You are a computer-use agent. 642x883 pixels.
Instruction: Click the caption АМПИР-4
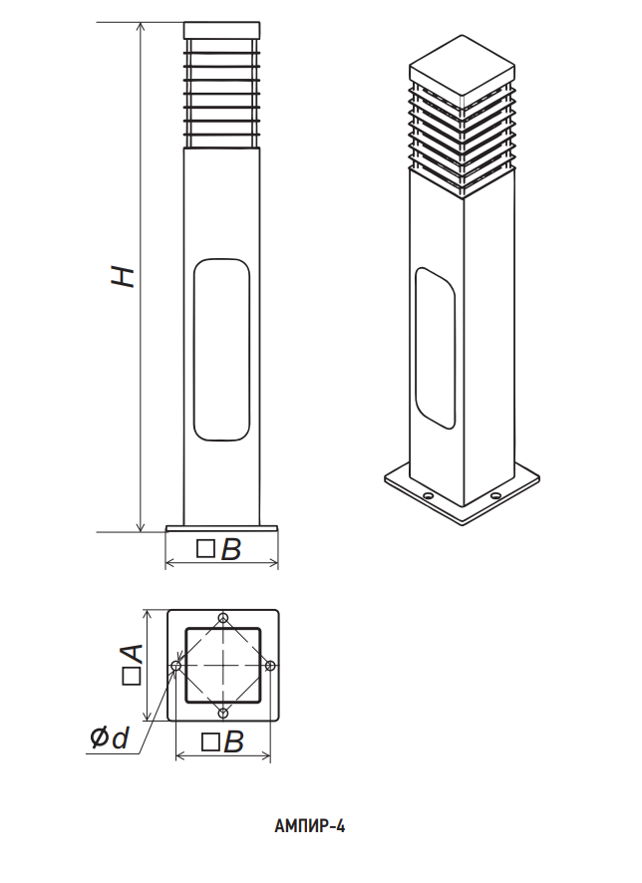(310, 826)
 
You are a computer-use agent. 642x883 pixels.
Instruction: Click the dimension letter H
(123, 276)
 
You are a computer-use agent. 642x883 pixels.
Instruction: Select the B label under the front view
(231, 549)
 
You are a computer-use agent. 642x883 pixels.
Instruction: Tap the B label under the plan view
(233, 742)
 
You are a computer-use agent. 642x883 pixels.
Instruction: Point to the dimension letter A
(133, 654)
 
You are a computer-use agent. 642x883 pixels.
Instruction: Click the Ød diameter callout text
(110, 737)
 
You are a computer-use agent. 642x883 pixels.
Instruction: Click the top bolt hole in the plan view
(223, 618)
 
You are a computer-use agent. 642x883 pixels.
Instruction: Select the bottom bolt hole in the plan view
(223, 714)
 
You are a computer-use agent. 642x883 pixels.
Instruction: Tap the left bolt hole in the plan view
(176, 666)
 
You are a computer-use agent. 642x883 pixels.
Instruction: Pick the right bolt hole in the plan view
(271, 666)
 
